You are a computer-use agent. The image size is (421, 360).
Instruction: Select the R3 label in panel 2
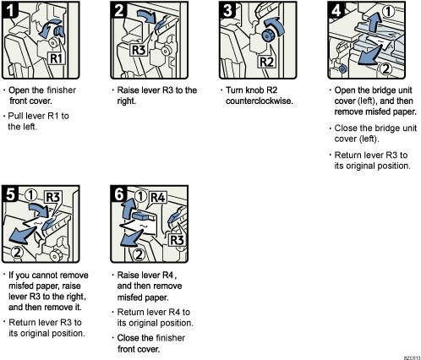pyautogui.click(x=140, y=50)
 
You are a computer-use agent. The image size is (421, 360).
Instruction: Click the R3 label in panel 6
pyautogui.click(x=175, y=242)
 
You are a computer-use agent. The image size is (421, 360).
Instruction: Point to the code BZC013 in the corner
pyautogui.click(x=411, y=356)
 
